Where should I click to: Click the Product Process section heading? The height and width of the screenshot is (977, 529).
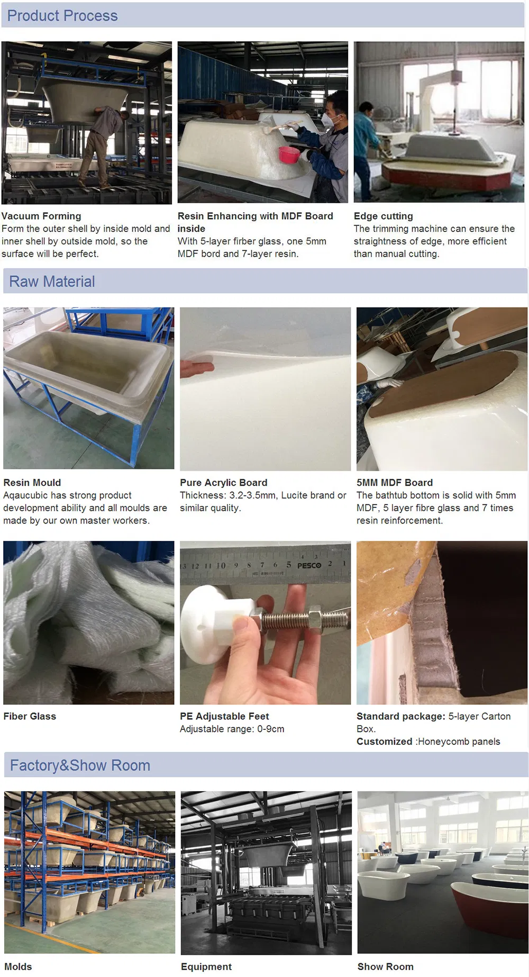(x=62, y=16)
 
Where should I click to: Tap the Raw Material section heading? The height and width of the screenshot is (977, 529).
(x=52, y=282)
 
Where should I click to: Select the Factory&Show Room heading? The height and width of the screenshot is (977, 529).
(x=80, y=765)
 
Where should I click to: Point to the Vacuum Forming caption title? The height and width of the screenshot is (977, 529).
(x=41, y=216)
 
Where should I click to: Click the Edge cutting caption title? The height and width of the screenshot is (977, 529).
(x=384, y=216)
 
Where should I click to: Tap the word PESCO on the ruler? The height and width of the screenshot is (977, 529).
(x=309, y=565)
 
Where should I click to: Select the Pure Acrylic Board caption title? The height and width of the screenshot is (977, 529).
(x=223, y=483)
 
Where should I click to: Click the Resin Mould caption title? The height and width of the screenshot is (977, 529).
(x=32, y=483)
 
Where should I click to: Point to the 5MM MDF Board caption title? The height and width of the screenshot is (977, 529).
(x=395, y=483)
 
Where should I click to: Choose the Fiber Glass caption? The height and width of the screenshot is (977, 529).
(x=30, y=716)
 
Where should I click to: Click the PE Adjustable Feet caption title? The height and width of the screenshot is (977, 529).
(x=224, y=716)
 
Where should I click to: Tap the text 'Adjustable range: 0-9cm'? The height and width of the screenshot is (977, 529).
(x=232, y=729)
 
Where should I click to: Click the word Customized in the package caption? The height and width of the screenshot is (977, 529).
(x=384, y=741)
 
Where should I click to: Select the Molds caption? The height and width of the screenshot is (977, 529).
(x=18, y=966)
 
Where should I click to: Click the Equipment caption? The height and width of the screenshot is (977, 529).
(x=206, y=966)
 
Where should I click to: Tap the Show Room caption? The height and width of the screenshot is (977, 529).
(x=385, y=966)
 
